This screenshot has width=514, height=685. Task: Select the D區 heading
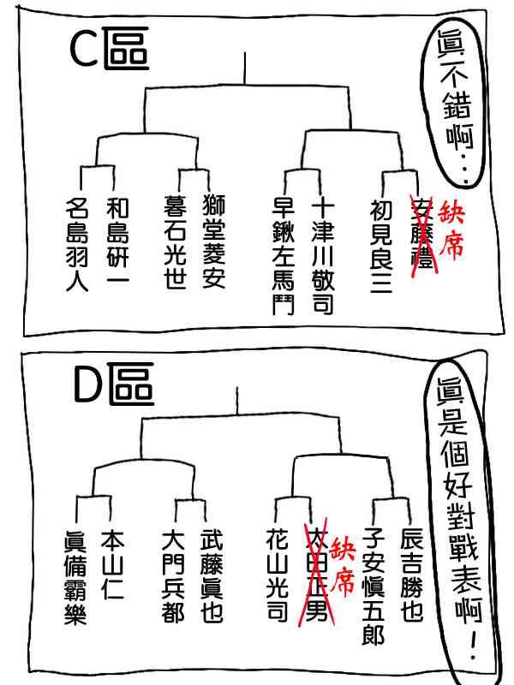[x=112, y=386]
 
